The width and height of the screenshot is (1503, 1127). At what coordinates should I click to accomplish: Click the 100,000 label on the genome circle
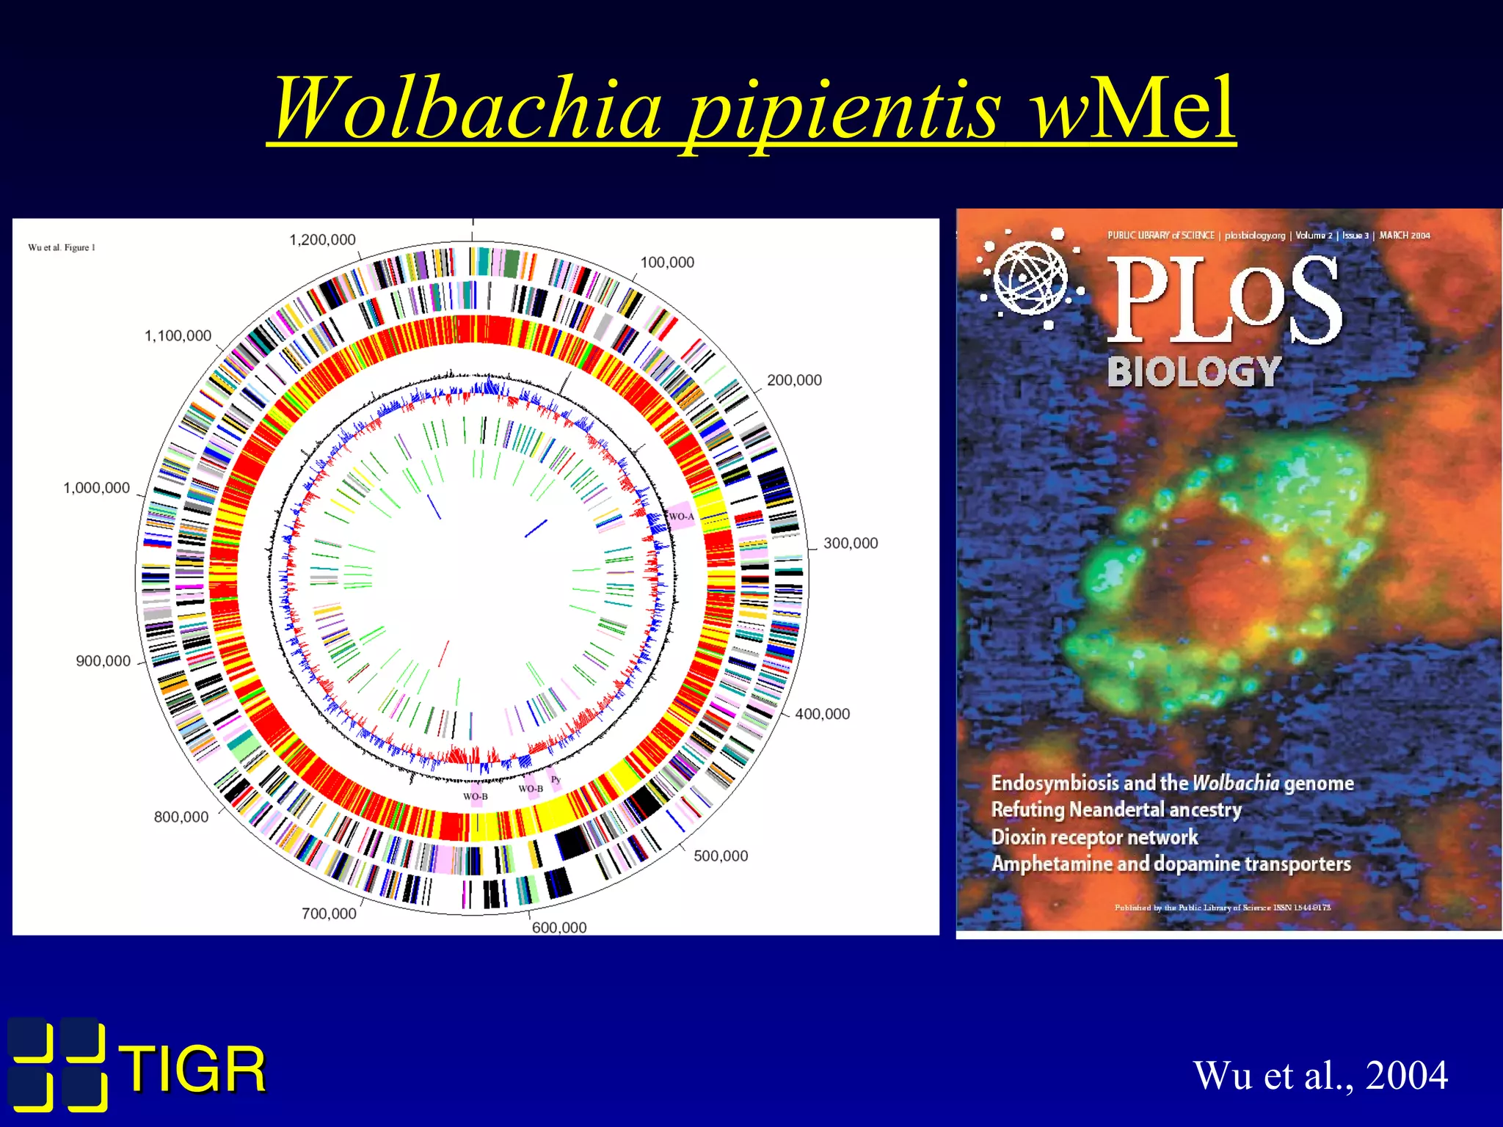(x=666, y=263)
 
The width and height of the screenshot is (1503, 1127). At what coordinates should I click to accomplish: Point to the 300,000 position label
(x=850, y=544)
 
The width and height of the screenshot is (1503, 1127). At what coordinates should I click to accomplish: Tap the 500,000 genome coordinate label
(x=721, y=856)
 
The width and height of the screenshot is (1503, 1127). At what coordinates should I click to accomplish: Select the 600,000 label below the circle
(x=559, y=928)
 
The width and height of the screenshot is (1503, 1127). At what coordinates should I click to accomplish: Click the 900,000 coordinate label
(x=103, y=661)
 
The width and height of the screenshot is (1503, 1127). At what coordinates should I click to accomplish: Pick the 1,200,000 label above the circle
(x=322, y=240)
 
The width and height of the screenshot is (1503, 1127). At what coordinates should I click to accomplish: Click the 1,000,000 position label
(x=96, y=489)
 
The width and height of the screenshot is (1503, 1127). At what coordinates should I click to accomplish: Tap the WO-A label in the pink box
(x=681, y=517)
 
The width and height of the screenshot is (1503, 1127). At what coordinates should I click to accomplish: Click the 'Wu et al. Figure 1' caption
(x=62, y=248)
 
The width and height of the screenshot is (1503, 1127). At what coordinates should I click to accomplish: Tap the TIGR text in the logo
(x=192, y=1071)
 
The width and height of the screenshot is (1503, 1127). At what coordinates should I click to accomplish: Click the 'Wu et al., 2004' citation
(x=1320, y=1076)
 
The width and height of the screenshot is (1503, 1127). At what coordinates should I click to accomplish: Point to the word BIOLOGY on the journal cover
(x=1194, y=372)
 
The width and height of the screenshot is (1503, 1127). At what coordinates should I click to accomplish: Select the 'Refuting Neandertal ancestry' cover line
(x=1116, y=810)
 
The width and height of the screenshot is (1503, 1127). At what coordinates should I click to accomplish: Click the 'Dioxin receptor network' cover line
(x=1094, y=837)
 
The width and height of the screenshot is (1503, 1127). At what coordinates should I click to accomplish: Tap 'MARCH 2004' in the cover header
(x=1405, y=236)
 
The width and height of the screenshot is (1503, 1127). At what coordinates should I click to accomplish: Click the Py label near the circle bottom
(x=556, y=779)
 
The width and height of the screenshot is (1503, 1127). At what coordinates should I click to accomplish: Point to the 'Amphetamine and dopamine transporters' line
(x=1171, y=864)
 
